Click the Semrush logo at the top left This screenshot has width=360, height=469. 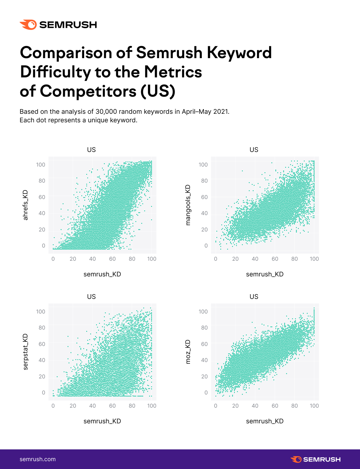(x=58, y=25)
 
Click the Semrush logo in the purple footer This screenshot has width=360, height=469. (x=315, y=459)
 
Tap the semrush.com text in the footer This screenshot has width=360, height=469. (x=37, y=459)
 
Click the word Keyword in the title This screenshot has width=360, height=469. (x=239, y=53)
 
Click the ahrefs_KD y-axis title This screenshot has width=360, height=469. (x=25, y=205)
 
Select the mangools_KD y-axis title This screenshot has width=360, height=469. (x=188, y=205)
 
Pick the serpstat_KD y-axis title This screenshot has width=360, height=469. (x=25, y=352)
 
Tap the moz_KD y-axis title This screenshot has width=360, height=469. (x=188, y=352)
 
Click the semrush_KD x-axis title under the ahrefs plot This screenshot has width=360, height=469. (x=102, y=274)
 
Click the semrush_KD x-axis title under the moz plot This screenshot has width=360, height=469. (x=265, y=421)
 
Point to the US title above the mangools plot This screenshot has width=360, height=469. (x=254, y=150)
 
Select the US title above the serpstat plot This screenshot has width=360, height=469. (x=91, y=297)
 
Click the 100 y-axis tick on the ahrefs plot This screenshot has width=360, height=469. (x=41, y=164)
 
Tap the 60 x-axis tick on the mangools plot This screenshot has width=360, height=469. (x=275, y=259)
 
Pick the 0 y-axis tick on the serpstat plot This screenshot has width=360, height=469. (x=43, y=393)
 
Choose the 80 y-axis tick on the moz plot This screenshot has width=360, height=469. (x=204, y=328)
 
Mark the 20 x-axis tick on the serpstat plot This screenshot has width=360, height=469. (x=73, y=406)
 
